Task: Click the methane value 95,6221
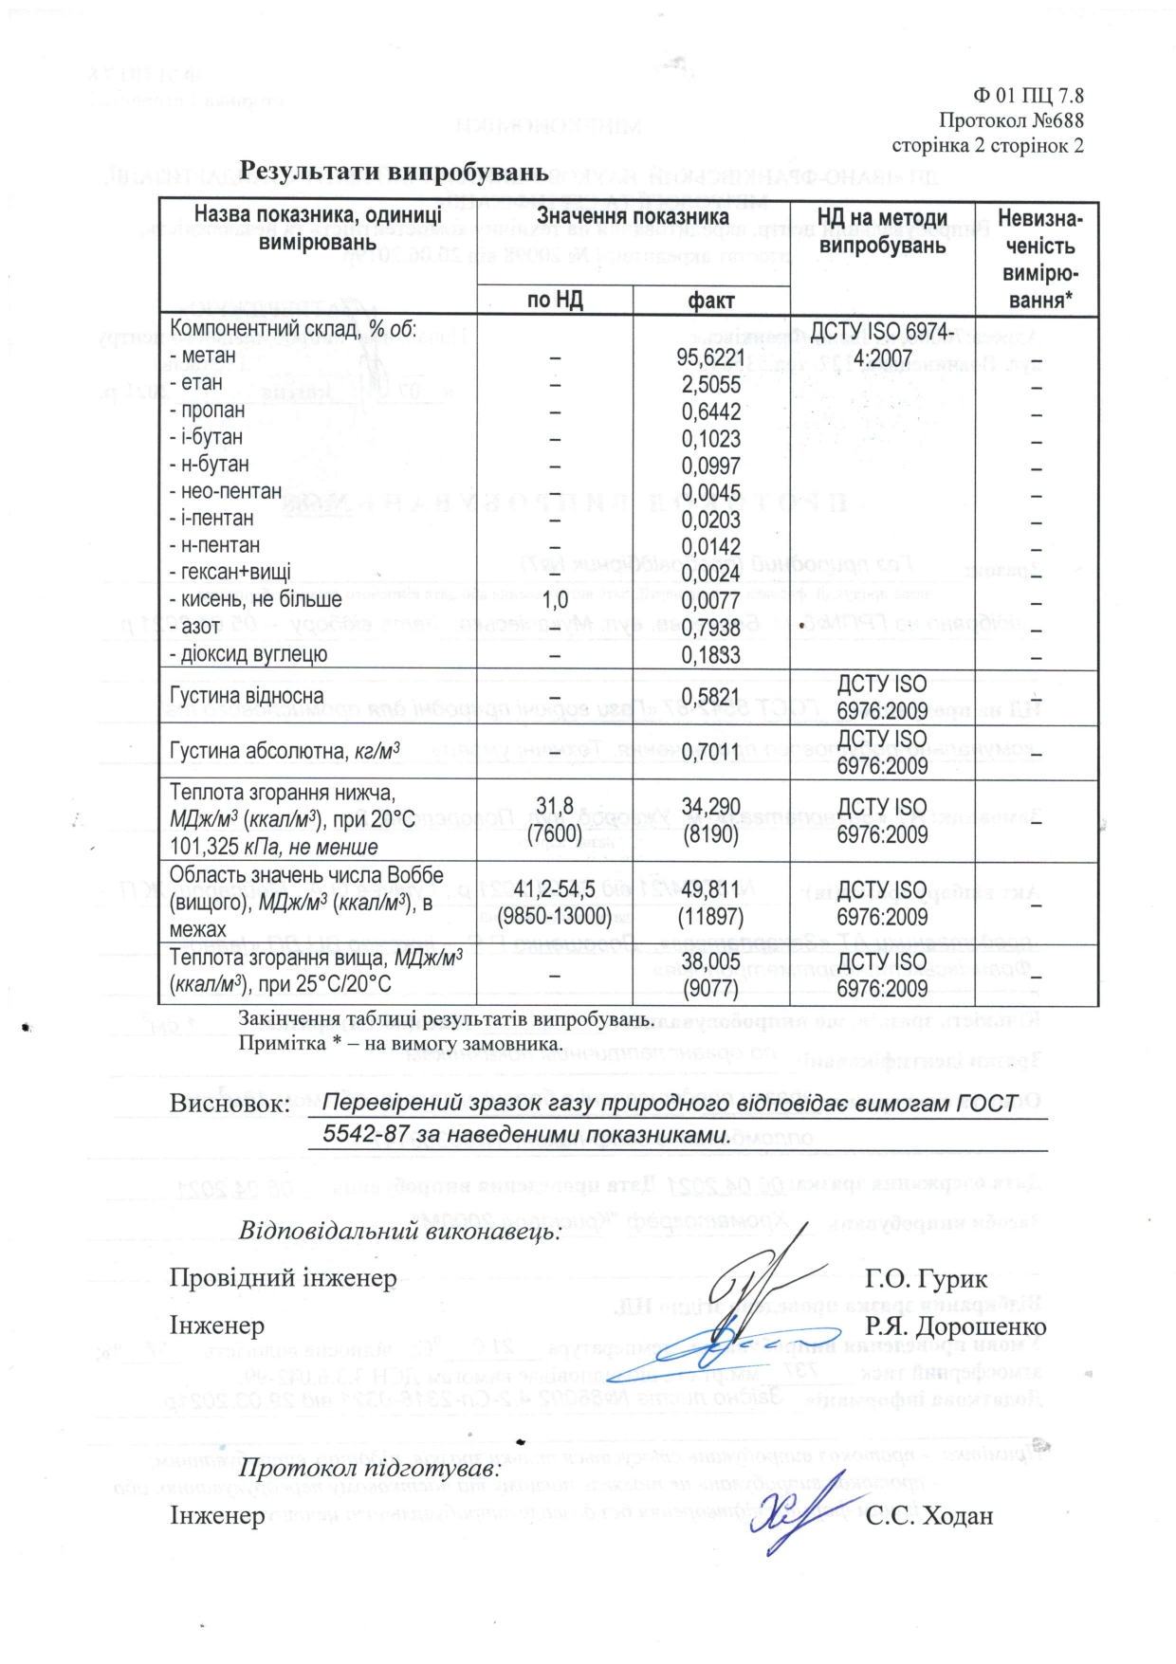[712, 357]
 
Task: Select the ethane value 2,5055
[711, 385]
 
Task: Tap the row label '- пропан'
[207, 411]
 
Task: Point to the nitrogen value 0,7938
[711, 629]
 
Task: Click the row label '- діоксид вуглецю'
[248, 654]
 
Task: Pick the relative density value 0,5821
[711, 697]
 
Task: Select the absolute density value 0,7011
[711, 752]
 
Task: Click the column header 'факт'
[711, 301]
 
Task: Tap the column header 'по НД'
[555, 301]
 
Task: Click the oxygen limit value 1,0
[555, 600]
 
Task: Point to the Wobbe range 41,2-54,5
[555, 889]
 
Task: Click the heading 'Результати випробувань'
[394, 172]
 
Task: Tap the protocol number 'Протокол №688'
[1011, 120]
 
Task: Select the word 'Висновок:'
[229, 1105]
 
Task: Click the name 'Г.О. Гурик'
[926, 1279]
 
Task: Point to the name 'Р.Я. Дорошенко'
[955, 1326]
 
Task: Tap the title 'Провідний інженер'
[283, 1278]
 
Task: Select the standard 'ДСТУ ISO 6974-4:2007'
[882, 344]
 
